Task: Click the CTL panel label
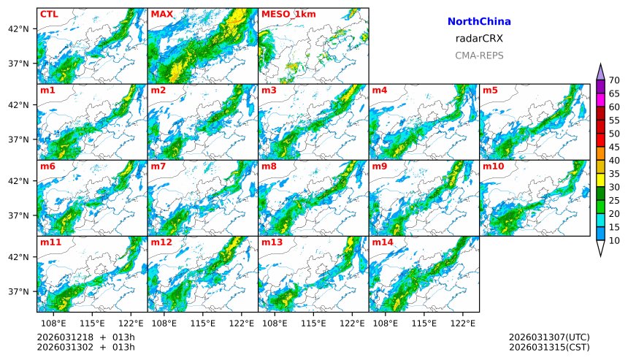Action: (x=49, y=14)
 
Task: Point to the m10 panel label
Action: (x=493, y=166)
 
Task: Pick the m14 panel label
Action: (x=382, y=242)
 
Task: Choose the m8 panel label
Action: (x=269, y=166)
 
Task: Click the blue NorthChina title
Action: (x=478, y=22)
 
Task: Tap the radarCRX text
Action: (x=478, y=39)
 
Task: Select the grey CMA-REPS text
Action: (x=478, y=55)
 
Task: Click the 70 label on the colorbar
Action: (x=614, y=80)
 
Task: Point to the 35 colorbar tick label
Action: (x=614, y=174)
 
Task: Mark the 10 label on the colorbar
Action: (x=614, y=240)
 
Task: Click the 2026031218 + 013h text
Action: (x=85, y=337)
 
